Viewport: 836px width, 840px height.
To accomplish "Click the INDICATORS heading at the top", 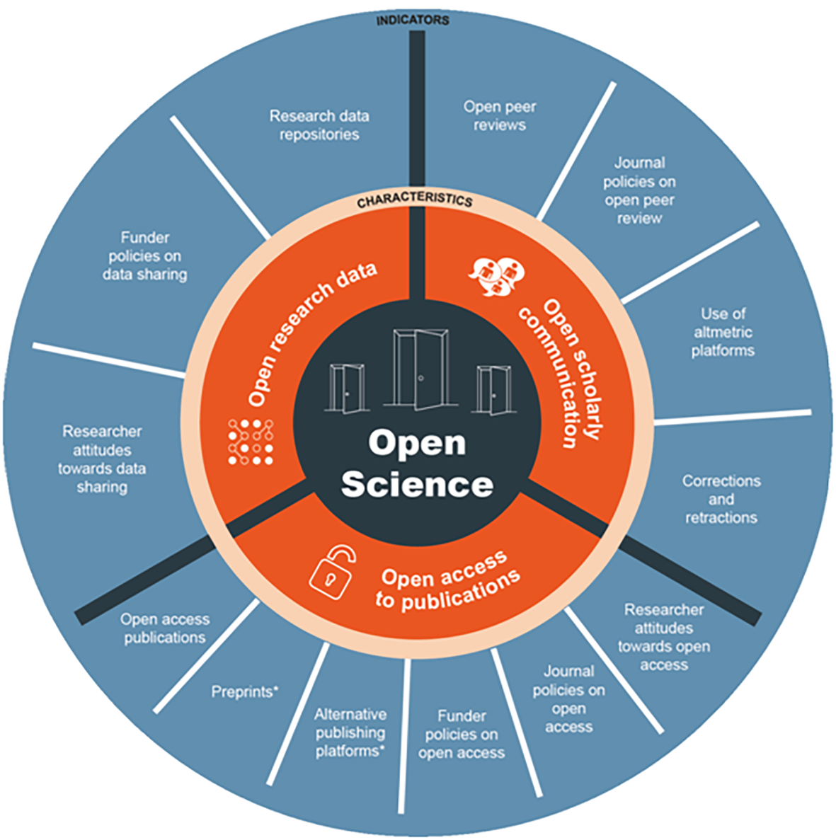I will click(x=412, y=20).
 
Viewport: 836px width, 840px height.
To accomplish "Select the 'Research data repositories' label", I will click(x=319, y=125).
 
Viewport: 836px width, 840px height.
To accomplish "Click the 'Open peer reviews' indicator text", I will click(x=499, y=115).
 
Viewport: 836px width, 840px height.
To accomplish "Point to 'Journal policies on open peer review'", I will click(x=639, y=190).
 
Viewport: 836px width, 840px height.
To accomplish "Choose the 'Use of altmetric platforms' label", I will click(x=723, y=332).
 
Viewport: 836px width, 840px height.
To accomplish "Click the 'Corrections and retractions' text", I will click(x=721, y=499).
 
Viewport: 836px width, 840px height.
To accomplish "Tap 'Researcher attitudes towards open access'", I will click(x=663, y=637).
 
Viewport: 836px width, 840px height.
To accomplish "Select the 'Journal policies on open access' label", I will click(x=568, y=698).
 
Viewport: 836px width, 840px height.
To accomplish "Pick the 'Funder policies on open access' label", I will click(x=462, y=735).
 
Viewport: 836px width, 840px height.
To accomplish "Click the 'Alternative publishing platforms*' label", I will click(x=350, y=732).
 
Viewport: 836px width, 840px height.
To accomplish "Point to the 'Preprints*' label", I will click(x=244, y=691).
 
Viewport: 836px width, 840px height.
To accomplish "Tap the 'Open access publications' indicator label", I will click(x=164, y=628).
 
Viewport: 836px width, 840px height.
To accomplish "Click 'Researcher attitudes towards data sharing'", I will click(x=102, y=459).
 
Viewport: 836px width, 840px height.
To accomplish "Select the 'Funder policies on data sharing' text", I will click(x=144, y=255).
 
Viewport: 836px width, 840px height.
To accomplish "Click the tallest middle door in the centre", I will click(x=420, y=369).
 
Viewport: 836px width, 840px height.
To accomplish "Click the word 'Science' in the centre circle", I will click(x=417, y=484).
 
